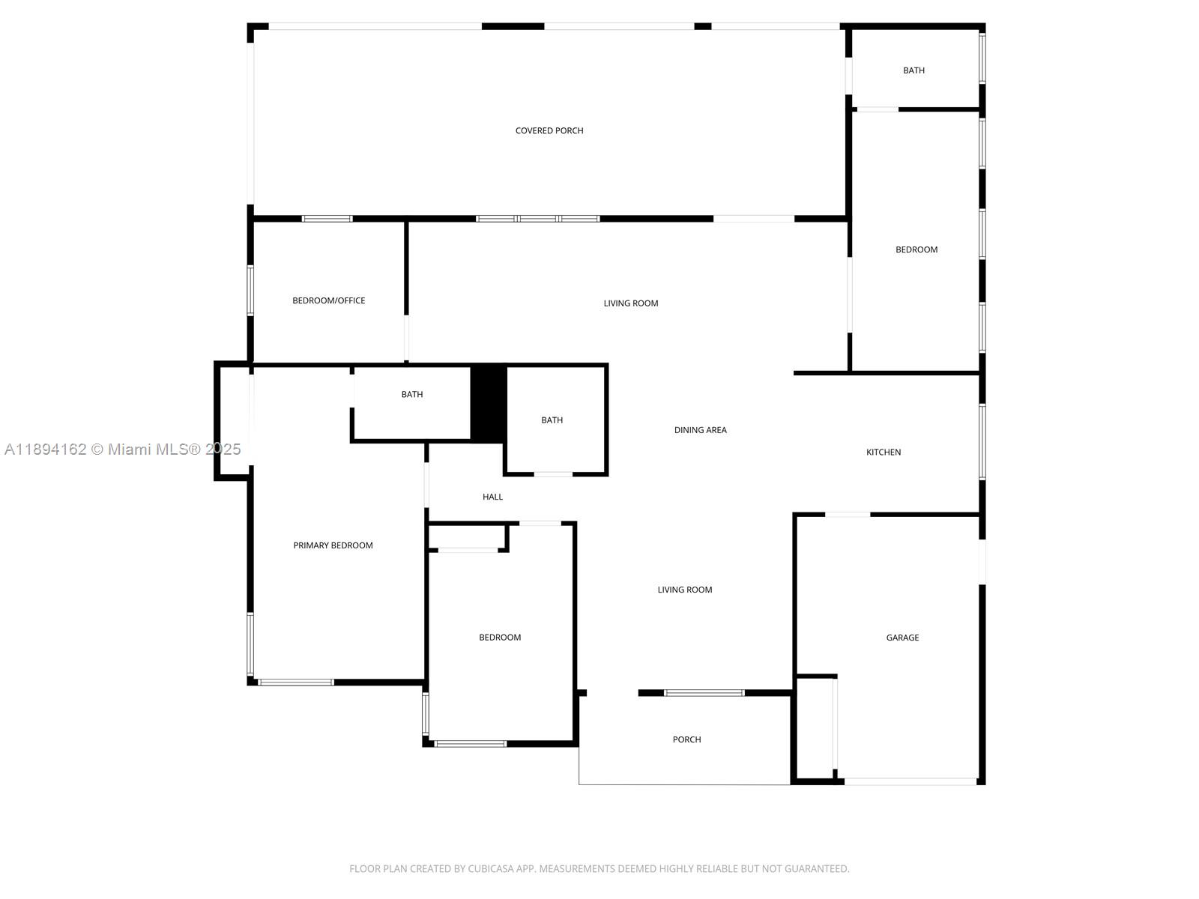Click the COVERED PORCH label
click(x=549, y=130)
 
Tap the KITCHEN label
click(x=884, y=452)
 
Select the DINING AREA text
click(x=700, y=430)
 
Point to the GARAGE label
click(x=902, y=638)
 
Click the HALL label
click(x=492, y=497)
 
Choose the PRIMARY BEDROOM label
click(x=333, y=545)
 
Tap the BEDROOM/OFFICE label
click(x=328, y=300)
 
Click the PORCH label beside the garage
click(x=686, y=739)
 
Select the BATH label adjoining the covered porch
click(x=913, y=70)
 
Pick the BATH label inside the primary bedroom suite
click(x=412, y=394)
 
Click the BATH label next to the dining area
click(x=552, y=420)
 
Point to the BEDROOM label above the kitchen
click(x=916, y=249)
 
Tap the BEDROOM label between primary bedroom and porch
click(x=500, y=638)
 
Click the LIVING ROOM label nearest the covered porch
click(x=630, y=303)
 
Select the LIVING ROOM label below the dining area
click(x=684, y=590)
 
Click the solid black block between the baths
click(x=489, y=403)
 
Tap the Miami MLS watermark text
click(x=122, y=449)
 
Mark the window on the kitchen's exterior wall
click(x=982, y=442)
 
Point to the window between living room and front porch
click(x=704, y=693)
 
